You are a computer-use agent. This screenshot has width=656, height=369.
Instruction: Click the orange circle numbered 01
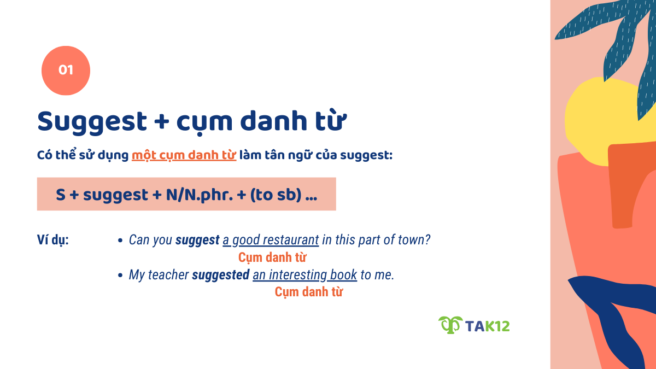point(66,71)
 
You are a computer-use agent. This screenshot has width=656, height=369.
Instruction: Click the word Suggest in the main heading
point(92,121)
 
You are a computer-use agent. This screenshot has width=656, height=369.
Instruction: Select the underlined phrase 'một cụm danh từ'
point(184,155)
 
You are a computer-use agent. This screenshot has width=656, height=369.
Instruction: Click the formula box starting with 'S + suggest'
point(186,194)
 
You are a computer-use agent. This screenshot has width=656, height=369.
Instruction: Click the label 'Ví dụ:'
point(53,240)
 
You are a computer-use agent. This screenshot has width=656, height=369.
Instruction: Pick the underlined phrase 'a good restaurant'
point(271,240)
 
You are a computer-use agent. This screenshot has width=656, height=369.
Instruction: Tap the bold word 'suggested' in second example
point(220,275)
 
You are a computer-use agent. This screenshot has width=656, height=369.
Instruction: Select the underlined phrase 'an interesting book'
point(304,275)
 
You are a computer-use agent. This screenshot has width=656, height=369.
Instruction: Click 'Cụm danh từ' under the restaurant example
point(272,257)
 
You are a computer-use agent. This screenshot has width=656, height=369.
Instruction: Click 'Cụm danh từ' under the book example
point(308,291)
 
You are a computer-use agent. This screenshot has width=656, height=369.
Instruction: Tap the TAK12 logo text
point(487,326)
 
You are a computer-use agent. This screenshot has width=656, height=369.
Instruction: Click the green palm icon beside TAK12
point(450,325)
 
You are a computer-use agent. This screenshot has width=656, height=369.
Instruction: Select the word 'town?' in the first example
point(415,240)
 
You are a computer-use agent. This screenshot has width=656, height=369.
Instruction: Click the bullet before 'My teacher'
point(120,275)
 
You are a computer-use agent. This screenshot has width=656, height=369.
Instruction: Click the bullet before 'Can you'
point(120,240)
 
